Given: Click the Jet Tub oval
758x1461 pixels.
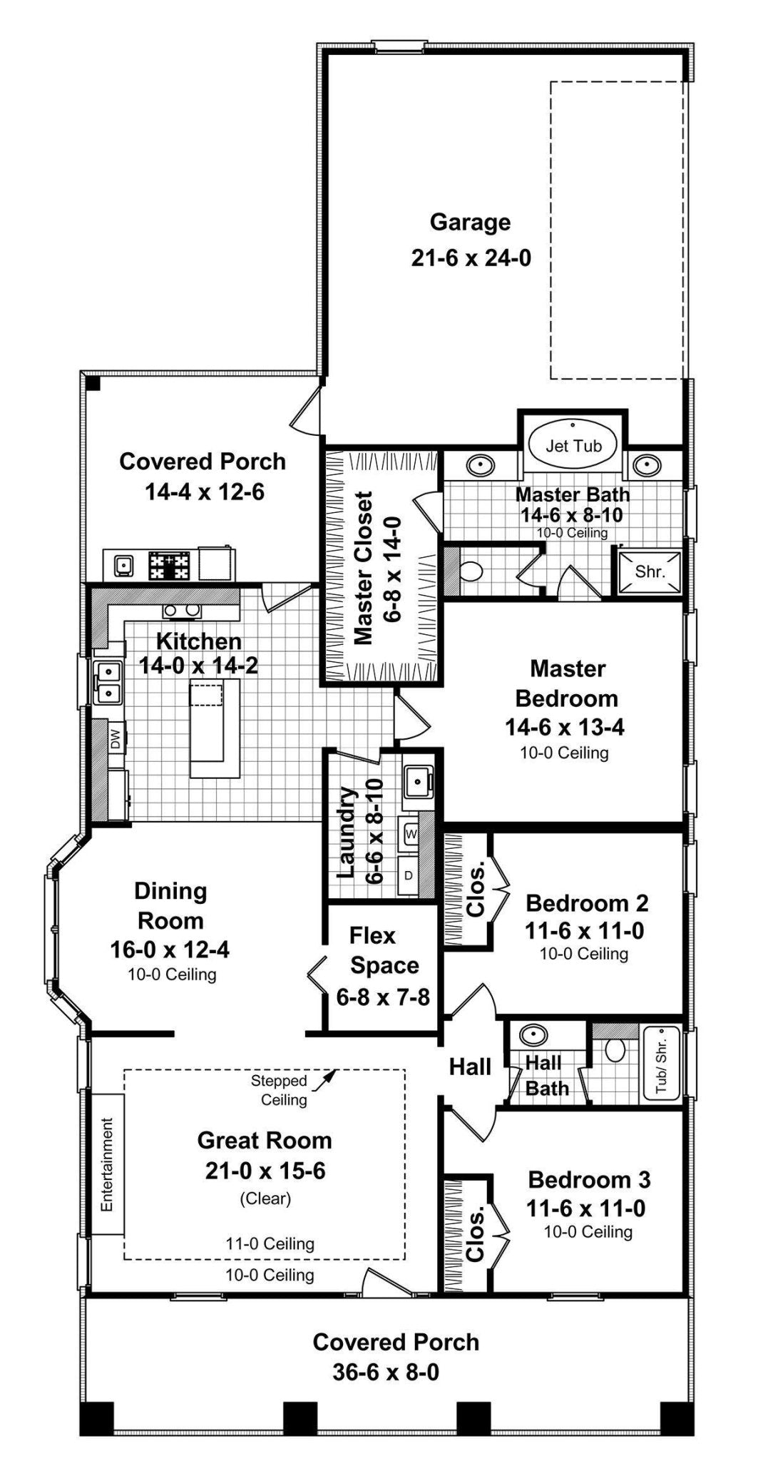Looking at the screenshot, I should pyautogui.click(x=573, y=445).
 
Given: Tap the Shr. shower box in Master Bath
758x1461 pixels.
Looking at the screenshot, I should pyautogui.click(x=650, y=571).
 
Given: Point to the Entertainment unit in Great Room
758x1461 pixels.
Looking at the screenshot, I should pyautogui.click(x=107, y=1164).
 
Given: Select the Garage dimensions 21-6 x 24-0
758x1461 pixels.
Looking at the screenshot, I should pyautogui.click(x=471, y=258).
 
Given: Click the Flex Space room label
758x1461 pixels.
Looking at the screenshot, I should pyautogui.click(x=384, y=950).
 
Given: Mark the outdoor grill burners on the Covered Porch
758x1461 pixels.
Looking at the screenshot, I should pyautogui.click(x=170, y=566).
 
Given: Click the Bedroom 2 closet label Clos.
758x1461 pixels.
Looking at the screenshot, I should pyautogui.click(x=476, y=889).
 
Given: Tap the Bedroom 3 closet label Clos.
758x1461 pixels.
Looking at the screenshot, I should pyautogui.click(x=476, y=1233).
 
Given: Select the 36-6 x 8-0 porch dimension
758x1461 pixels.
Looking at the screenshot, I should pyautogui.click(x=386, y=1372).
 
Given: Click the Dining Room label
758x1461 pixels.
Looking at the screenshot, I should pyautogui.click(x=170, y=905).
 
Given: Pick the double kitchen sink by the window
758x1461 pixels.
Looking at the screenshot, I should pyautogui.click(x=106, y=681).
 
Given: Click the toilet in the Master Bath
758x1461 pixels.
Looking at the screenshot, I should pyautogui.click(x=471, y=571).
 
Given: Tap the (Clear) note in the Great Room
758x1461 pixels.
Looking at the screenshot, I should pyautogui.click(x=265, y=1198).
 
